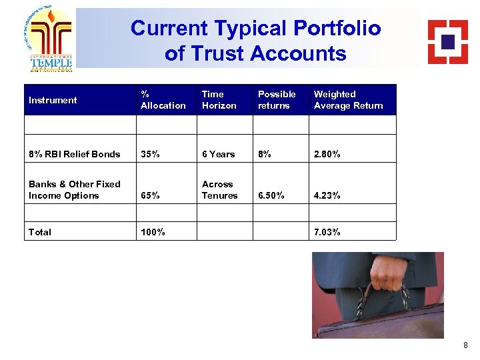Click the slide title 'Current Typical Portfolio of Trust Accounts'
click(255, 40)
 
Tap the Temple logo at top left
click(51, 40)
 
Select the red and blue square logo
click(447, 41)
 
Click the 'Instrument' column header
click(53, 100)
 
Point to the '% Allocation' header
click(163, 100)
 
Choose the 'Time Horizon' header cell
click(219, 100)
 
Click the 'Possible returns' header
click(277, 100)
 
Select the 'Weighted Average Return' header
click(348, 100)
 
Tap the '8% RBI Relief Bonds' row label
click(75, 154)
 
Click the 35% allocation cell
click(151, 154)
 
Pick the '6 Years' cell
click(219, 154)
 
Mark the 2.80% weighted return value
click(327, 154)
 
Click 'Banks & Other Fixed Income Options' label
click(75, 190)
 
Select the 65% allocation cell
click(151, 196)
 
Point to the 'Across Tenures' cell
click(219, 190)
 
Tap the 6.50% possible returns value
click(271, 196)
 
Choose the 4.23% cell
click(327, 196)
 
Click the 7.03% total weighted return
click(327, 232)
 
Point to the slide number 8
click(465, 345)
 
